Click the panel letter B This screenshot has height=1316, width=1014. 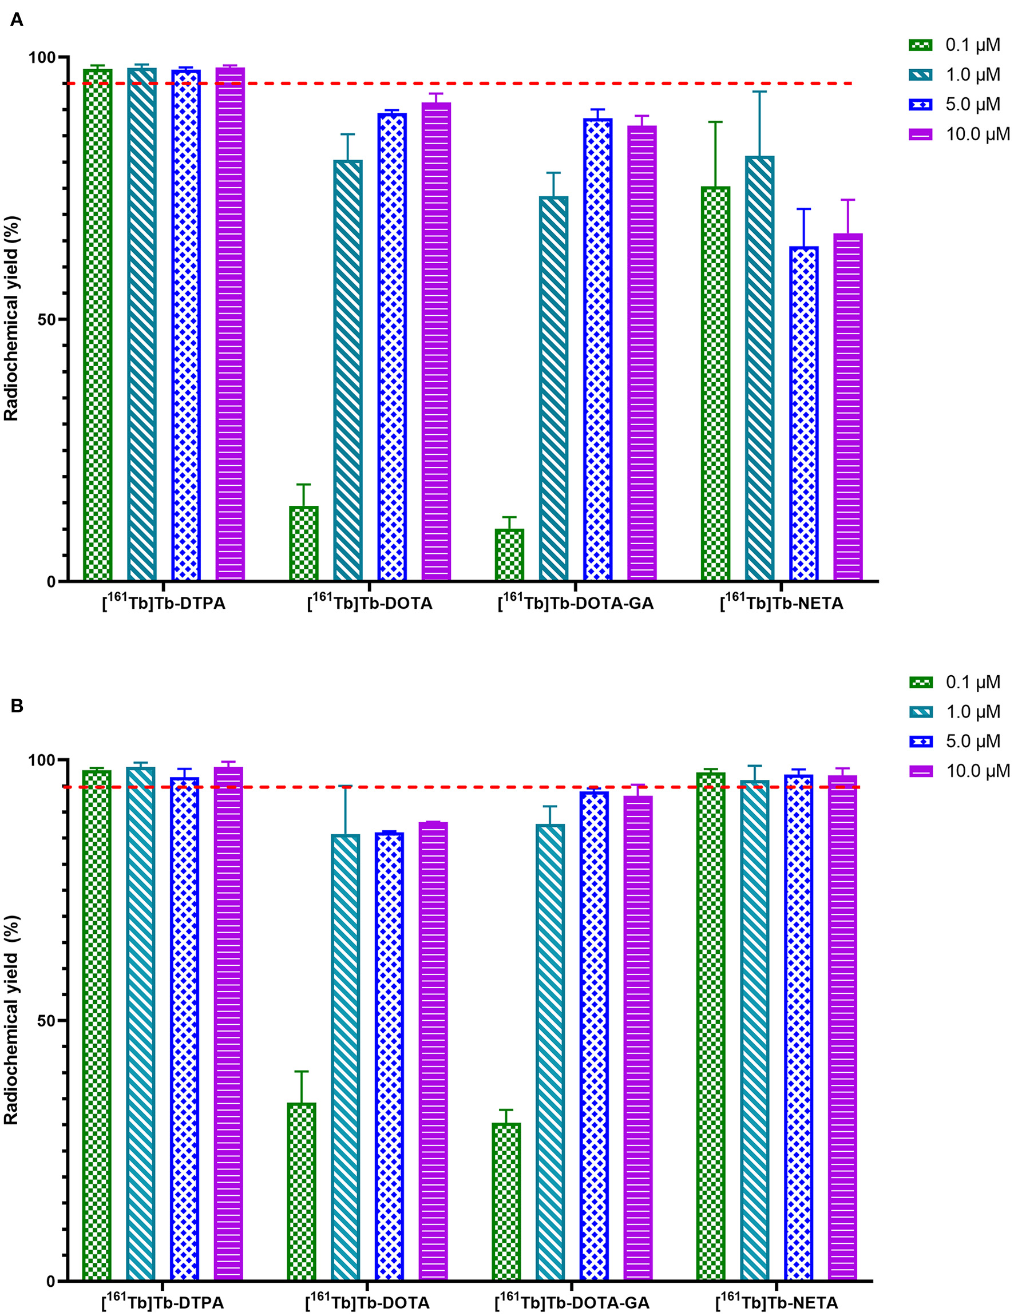[x=16, y=705]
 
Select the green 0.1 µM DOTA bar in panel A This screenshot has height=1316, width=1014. [x=304, y=544]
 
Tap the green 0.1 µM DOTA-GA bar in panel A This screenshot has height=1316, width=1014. [x=509, y=555]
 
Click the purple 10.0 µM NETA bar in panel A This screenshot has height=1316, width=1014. [x=847, y=407]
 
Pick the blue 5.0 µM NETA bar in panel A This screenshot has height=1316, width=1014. [x=804, y=414]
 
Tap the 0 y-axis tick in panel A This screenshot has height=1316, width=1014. [x=50, y=581]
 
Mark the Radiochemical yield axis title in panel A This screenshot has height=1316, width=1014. [x=12, y=319]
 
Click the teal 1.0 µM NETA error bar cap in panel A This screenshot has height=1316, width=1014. [x=759, y=92]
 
